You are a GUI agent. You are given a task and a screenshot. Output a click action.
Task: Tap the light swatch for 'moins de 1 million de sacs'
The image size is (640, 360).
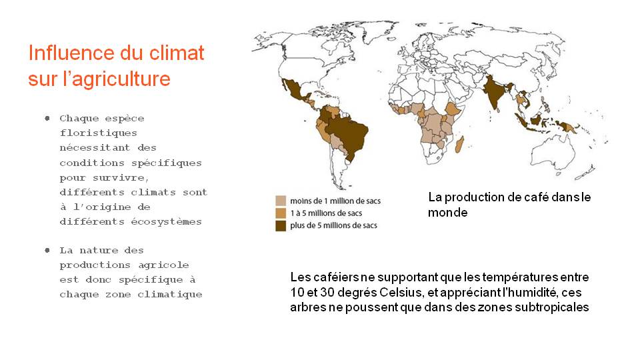[x=281, y=201]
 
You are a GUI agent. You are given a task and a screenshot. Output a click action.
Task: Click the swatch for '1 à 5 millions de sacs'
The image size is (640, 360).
[x=281, y=213]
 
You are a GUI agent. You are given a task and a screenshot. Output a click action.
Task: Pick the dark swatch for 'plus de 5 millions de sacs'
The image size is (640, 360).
[x=281, y=226]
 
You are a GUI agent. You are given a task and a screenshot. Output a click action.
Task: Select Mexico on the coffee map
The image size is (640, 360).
[x=294, y=90]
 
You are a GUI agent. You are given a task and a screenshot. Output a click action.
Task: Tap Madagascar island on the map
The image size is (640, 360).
[x=459, y=144]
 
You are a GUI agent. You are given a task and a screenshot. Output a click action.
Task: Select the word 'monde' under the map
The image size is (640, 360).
[x=447, y=213]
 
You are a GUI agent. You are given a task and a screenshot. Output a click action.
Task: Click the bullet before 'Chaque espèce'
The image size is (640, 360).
[x=47, y=119]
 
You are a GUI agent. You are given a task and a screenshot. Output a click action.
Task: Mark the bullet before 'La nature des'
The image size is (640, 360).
[x=47, y=250]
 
